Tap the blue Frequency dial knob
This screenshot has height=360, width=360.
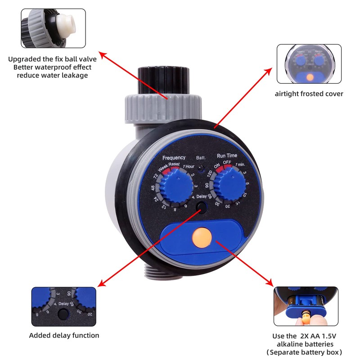[175, 186]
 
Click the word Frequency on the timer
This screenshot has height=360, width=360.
[174, 157]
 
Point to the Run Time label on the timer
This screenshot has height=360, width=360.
[227, 155]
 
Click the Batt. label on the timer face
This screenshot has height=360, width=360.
[201, 158]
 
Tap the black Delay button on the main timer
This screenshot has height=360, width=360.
[201, 208]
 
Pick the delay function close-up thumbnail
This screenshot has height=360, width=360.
[63, 306]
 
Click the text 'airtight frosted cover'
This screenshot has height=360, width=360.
[309, 94]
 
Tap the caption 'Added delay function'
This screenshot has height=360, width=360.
[64, 335]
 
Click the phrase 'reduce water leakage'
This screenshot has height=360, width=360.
[53, 75]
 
